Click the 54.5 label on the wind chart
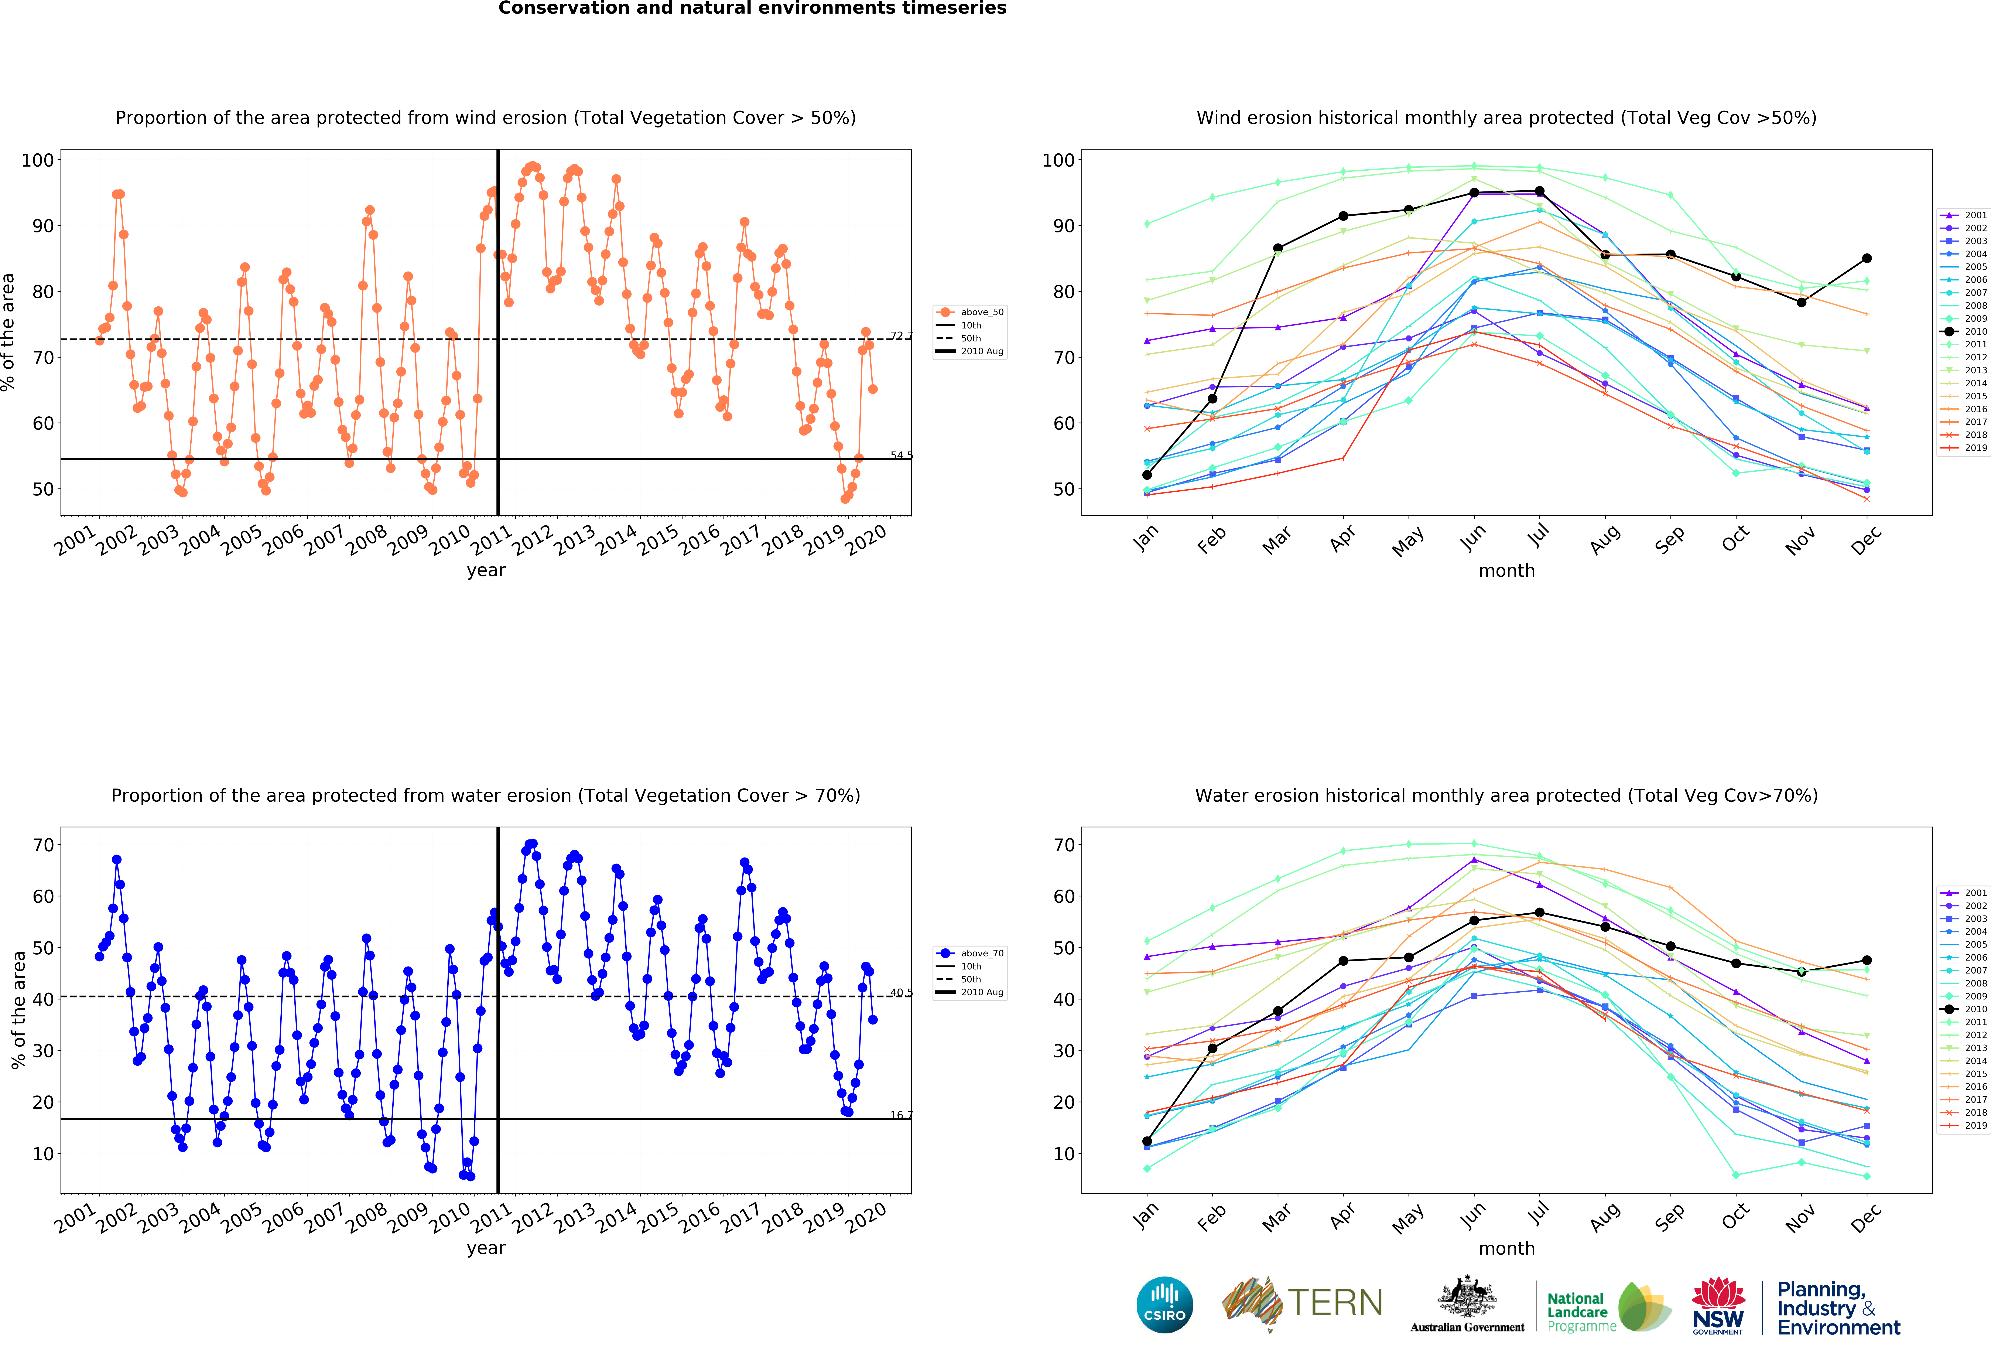[x=901, y=455]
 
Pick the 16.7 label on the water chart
[x=901, y=1115]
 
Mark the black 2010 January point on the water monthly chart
[x=1147, y=1141]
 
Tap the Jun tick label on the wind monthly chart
[x=1474, y=537]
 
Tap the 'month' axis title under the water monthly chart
[x=1506, y=1248]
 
